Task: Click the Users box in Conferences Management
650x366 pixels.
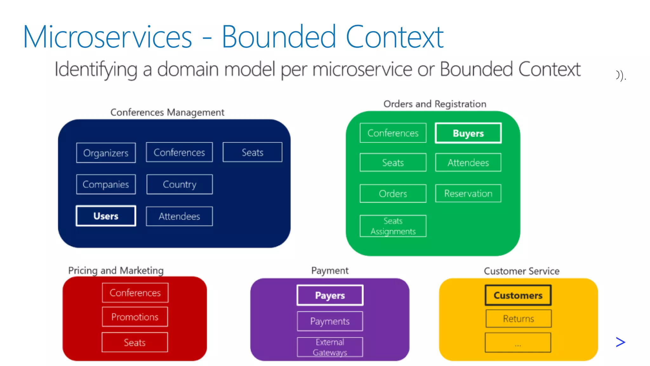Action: [106, 216]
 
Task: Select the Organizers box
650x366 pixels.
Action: [106, 153]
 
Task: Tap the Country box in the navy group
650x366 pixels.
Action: [179, 184]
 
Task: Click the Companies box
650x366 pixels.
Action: [106, 184]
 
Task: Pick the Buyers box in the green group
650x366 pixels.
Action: [468, 133]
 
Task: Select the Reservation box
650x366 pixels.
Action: [468, 193]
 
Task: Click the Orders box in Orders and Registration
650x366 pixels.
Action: [393, 193]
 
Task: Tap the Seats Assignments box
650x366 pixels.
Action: [393, 226]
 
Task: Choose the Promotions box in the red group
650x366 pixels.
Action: [135, 317]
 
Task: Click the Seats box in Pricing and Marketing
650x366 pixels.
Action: [135, 342]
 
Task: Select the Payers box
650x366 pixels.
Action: [330, 295]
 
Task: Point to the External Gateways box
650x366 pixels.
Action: [330, 347]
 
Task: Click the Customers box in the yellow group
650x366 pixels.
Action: [518, 295]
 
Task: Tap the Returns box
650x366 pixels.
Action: [518, 319]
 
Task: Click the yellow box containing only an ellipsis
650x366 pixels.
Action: [518, 342]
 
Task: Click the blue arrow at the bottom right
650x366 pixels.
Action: [620, 342]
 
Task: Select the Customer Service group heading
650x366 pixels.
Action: [521, 271]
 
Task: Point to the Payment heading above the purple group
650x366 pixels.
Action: [330, 270]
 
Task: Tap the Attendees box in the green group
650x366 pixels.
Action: [468, 163]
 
